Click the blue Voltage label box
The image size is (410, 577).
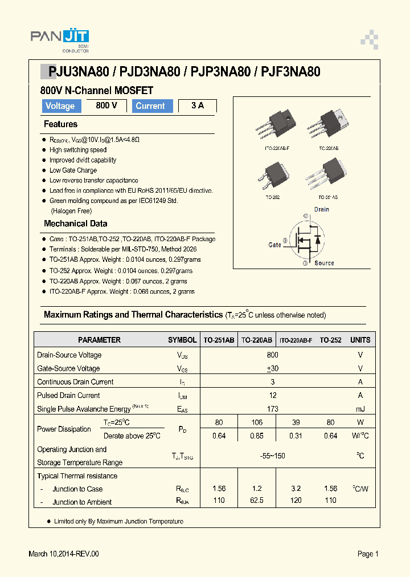(x=60, y=106)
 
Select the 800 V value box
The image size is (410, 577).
(x=106, y=105)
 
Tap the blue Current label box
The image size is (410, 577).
(x=152, y=106)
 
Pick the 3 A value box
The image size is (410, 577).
(x=198, y=105)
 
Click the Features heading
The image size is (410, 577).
(x=60, y=124)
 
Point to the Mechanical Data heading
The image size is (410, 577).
(x=75, y=224)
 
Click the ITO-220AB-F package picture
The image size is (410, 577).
(x=276, y=126)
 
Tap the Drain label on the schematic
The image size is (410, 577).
(x=321, y=209)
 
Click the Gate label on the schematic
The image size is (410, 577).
(x=274, y=245)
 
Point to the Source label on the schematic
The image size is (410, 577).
(x=324, y=263)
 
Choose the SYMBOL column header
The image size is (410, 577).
(x=182, y=340)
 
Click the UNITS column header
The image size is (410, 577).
(x=360, y=340)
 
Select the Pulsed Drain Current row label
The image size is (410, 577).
(x=68, y=395)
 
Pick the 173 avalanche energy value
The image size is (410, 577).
(x=273, y=409)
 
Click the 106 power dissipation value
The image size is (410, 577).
(x=256, y=422)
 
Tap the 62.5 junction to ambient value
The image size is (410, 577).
(x=256, y=500)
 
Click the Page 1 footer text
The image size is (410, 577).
(x=368, y=554)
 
